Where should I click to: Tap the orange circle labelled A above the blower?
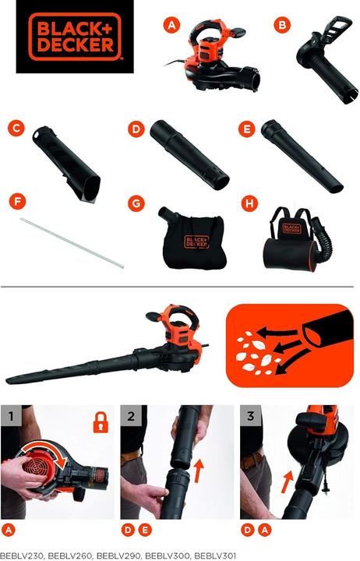click(x=171, y=26)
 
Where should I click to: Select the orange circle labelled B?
click(x=281, y=26)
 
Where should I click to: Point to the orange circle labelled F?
click(x=16, y=202)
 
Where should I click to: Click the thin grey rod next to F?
click(x=72, y=243)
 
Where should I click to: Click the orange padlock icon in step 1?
click(x=101, y=422)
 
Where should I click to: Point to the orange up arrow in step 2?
click(x=199, y=471)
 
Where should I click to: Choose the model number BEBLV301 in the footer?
click(x=214, y=556)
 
